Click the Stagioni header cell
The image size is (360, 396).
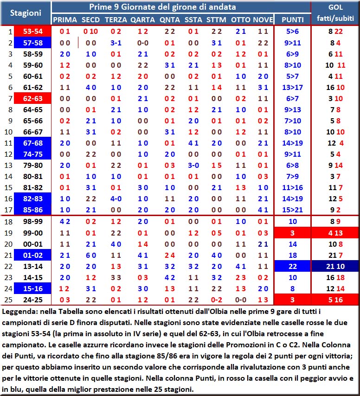[26, 13]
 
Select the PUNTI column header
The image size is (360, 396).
[293, 19]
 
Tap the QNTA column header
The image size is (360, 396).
[169, 19]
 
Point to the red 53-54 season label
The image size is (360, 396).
[32, 32]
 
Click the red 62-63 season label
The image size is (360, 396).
[32, 98]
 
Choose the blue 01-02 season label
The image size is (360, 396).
[32, 255]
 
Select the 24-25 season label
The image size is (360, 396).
[32, 300]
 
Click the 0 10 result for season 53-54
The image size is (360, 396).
[90, 32]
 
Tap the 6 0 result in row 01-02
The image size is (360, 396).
[90, 255]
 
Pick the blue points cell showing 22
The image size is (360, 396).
[293, 266]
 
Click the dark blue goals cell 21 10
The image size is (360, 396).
[335, 266]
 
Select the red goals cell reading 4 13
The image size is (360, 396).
[335, 233]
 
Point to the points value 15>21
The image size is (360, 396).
[293, 210]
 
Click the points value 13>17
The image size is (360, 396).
[293, 87]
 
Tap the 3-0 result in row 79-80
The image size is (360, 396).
[193, 166]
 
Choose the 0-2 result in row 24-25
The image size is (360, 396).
[217, 300]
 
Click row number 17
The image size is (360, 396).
[8, 210]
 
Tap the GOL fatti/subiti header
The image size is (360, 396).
[335, 13]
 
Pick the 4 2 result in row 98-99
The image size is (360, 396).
[65, 222]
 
